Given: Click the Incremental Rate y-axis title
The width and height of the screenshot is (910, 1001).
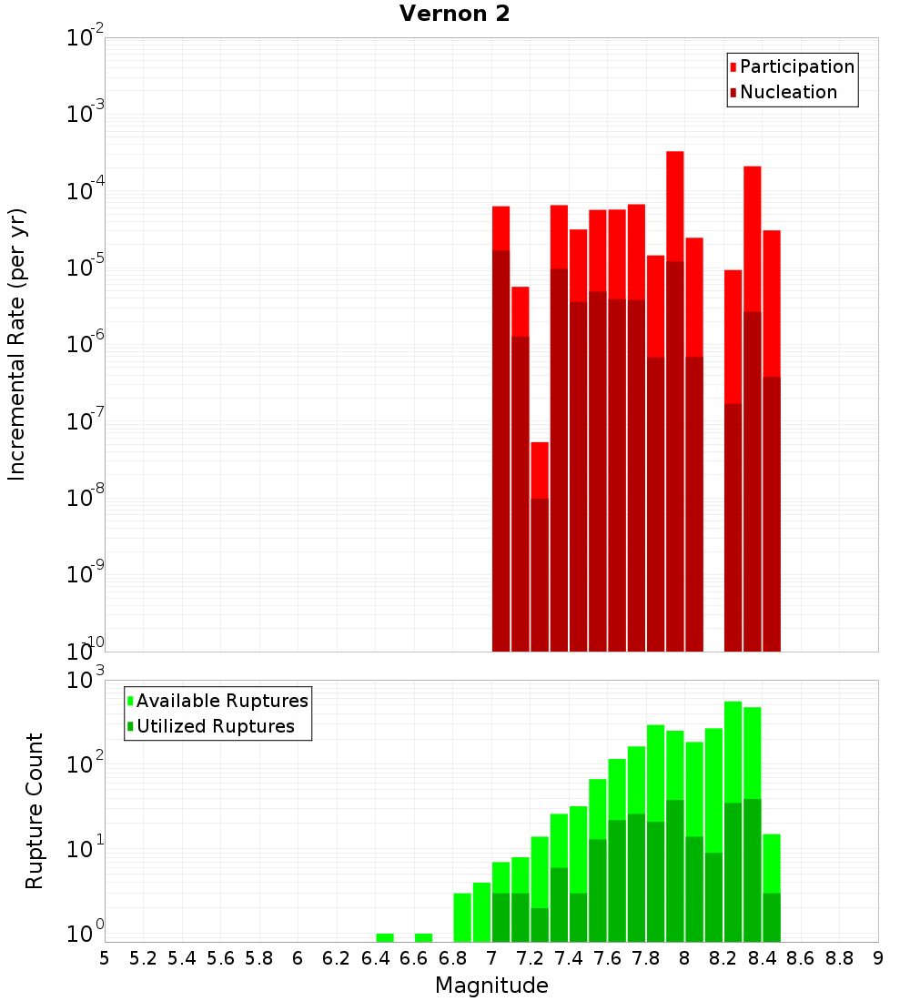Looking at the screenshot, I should coord(17,344).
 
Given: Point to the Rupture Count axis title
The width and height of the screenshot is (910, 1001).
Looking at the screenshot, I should coord(35,811).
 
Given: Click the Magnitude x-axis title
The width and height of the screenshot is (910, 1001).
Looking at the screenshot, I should coord(491,986).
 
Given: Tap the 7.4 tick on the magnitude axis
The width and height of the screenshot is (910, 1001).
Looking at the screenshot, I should coord(569,958).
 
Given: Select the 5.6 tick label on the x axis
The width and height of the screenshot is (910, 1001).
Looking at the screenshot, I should coord(220,958).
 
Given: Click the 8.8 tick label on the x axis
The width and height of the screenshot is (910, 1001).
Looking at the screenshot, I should coord(839,958).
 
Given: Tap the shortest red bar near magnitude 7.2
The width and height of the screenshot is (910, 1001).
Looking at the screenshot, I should coord(540,469).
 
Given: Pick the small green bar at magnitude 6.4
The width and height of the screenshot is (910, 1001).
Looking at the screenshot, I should coord(385,937).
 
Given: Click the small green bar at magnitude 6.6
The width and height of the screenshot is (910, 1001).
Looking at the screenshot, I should coord(423,937).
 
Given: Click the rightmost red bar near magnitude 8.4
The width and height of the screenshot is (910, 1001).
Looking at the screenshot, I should coord(772,300).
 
